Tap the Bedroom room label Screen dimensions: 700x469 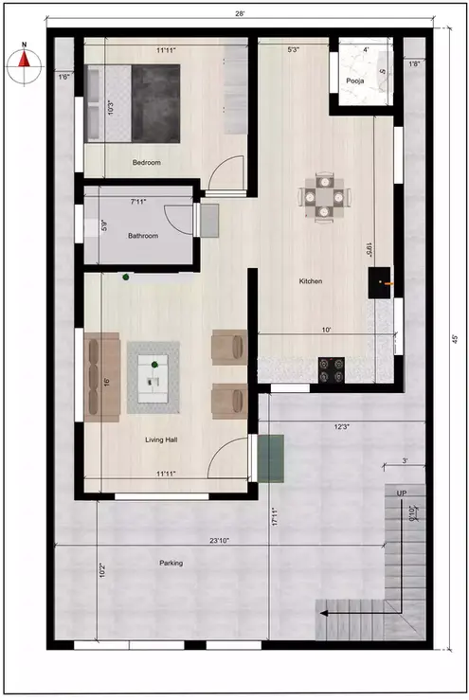pyautogui.click(x=147, y=163)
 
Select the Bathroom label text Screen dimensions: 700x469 pyautogui.click(x=143, y=236)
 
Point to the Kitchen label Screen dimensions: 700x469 pyautogui.click(x=311, y=281)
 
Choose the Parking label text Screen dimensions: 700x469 pyautogui.click(x=171, y=564)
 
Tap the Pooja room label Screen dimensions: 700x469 pyautogui.click(x=355, y=81)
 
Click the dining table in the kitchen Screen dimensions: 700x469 pyautogui.click(x=324, y=196)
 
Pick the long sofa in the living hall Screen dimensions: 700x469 pyautogui.click(x=102, y=377)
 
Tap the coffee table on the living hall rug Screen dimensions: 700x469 pyautogui.click(x=153, y=376)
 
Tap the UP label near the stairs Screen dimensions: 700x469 pyautogui.click(x=402, y=494)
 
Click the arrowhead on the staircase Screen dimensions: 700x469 pyautogui.click(x=323, y=613)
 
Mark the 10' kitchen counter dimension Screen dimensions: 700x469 pyautogui.click(x=326, y=331)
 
